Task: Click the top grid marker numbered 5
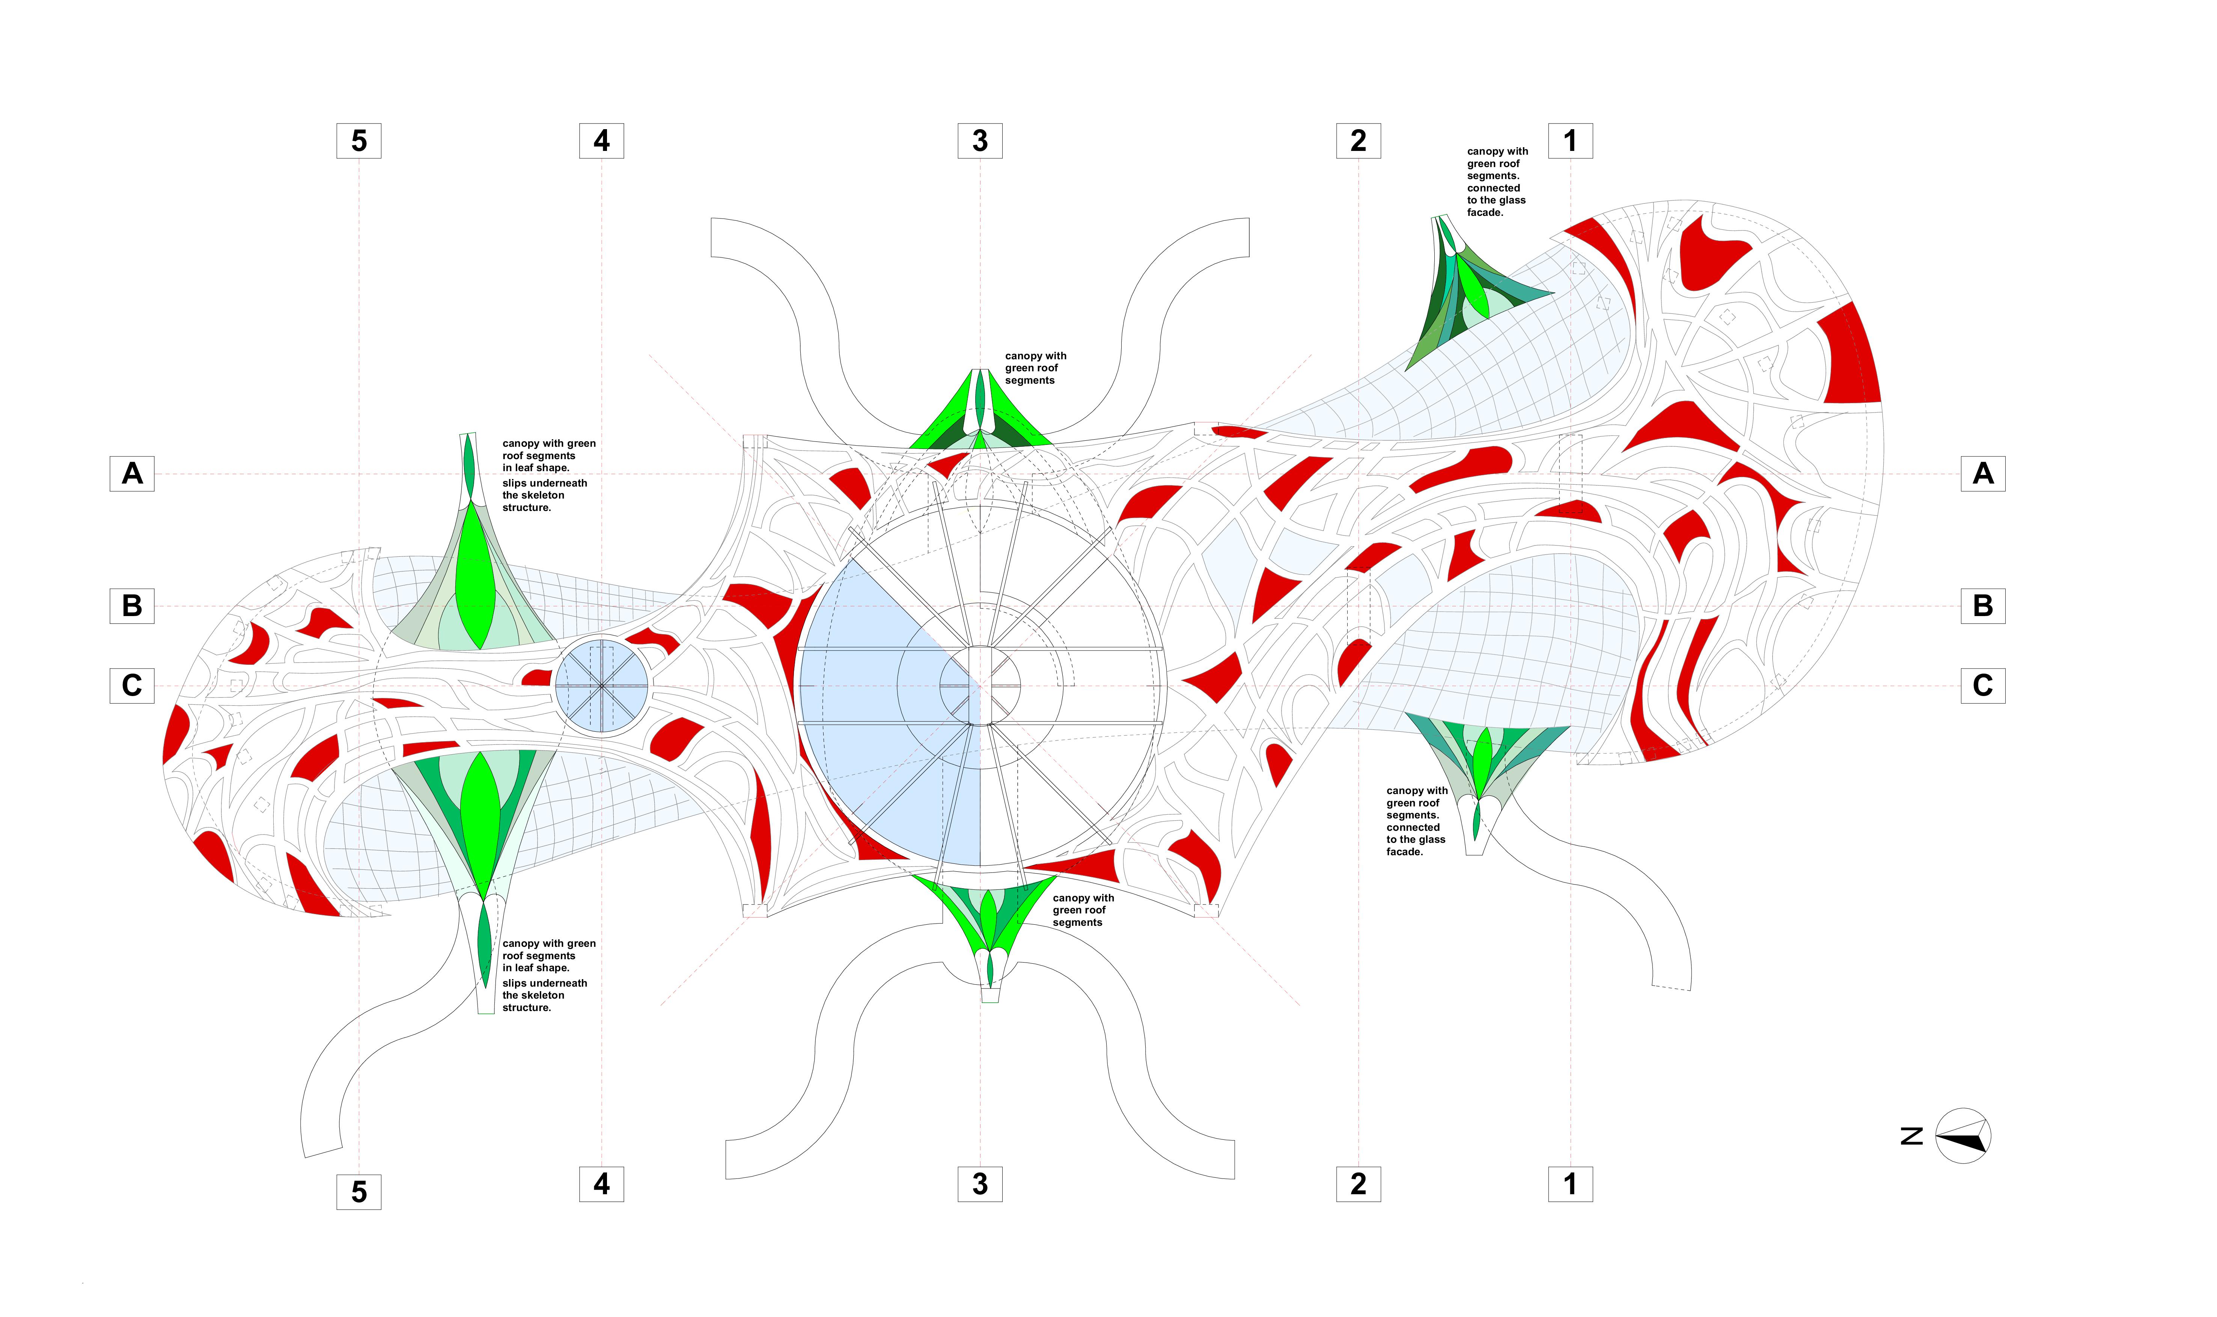(x=358, y=140)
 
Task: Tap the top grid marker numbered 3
(x=979, y=140)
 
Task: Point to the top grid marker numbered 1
(x=1570, y=140)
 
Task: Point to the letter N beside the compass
(x=1912, y=1135)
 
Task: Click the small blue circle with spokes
(x=601, y=686)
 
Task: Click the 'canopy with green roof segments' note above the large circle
(x=1035, y=368)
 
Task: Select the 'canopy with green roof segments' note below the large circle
(x=1083, y=910)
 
